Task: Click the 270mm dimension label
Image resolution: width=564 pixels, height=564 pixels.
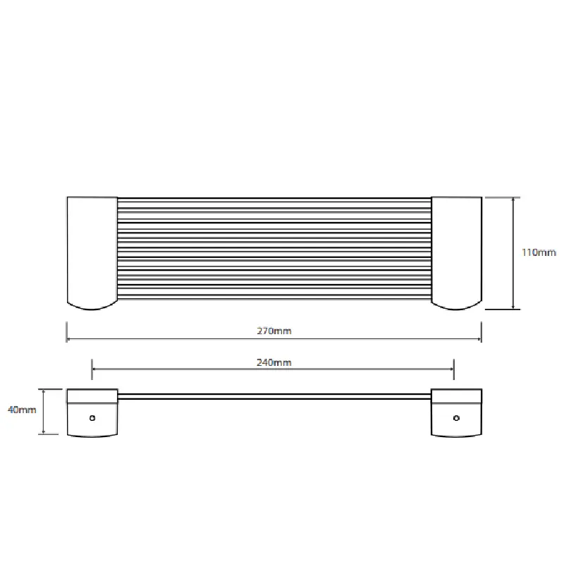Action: [x=274, y=331]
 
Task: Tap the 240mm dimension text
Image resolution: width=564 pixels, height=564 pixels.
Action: [x=274, y=362]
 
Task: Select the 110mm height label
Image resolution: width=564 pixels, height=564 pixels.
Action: [x=539, y=252]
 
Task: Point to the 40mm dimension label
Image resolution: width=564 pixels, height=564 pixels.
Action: [x=22, y=410]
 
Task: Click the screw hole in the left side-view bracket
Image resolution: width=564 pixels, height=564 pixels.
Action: [x=92, y=418]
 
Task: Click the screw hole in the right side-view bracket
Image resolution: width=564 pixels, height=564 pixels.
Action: [x=456, y=418]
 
